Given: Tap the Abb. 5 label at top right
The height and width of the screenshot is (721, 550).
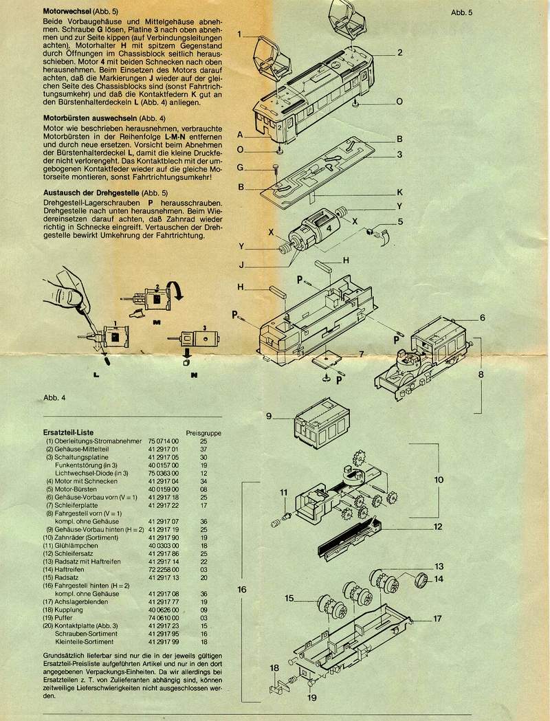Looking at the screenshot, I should click(x=462, y=12).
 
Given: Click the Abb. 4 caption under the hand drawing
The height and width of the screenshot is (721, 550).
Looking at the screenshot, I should click(x=54, y=397).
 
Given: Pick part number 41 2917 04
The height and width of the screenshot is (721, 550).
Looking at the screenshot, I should click(x=163, y=481).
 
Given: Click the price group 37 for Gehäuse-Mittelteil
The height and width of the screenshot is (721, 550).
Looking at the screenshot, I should click(x=203, y=448).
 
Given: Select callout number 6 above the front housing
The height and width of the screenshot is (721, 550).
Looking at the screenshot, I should click(x=483, y=318).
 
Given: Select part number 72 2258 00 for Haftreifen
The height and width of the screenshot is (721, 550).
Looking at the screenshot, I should click(x=163, y=568).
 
